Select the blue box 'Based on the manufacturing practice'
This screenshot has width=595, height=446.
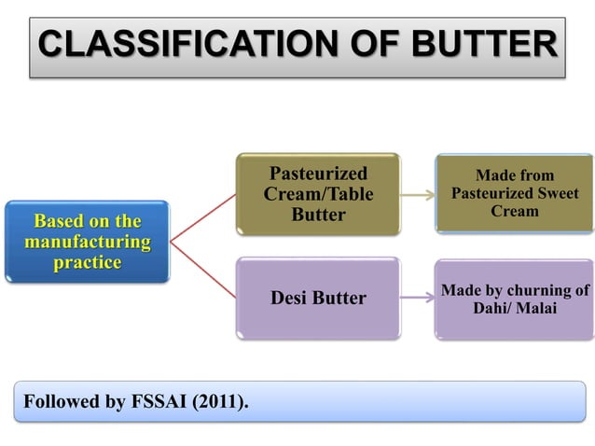click(x=87, y=242)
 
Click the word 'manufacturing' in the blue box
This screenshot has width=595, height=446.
click(x=87, y=242)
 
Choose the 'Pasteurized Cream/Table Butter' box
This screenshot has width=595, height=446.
click(x=318, y=194)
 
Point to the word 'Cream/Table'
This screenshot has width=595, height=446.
click(x=318, y=194)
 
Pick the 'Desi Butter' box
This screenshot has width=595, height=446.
click(x=318, y=299)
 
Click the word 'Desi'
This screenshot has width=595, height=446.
click(x=290, y=299)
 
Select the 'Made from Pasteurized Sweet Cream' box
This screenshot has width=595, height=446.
click(x=514, y=193)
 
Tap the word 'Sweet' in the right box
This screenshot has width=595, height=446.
click(x=554, y=193)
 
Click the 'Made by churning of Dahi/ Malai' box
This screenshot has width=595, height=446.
click(x=514, y=299)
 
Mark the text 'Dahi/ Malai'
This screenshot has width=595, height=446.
click(x=514, y=308)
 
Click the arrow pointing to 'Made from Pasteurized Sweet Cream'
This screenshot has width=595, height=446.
click(x=417, y=196)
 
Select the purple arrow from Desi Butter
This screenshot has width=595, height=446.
click(x=417, y=299)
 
